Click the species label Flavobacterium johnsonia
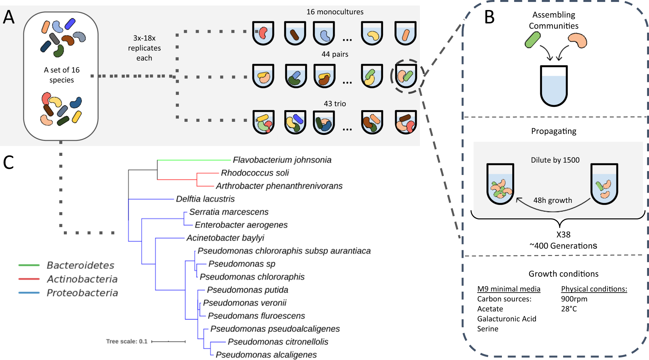click(x=282, y=160)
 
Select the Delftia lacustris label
click(x=205, y=199)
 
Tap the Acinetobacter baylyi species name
click(x=225, y=238)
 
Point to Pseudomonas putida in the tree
click(x=248, y=290)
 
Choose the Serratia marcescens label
click(x=229, y=212)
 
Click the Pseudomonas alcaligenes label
click(x=266, y=354)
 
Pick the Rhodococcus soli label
click(x=255, y=173)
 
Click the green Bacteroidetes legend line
click(x=29, y=265)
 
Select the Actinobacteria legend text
click(x=82, y=279)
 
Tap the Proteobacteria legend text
click(x=82, y=293)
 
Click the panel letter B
click(x=489, y=17)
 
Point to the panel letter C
click(x=8, y=162)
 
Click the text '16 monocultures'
click(x=335, y=12)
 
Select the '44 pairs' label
click(x=335, y=54)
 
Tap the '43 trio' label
click(x=335, y=104)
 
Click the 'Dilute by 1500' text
click(x=555, y=160)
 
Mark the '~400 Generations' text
click(x=563, y=246)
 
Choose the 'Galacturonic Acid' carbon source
click(x=506, y=319)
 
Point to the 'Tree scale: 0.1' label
click(x=127, y=341)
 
